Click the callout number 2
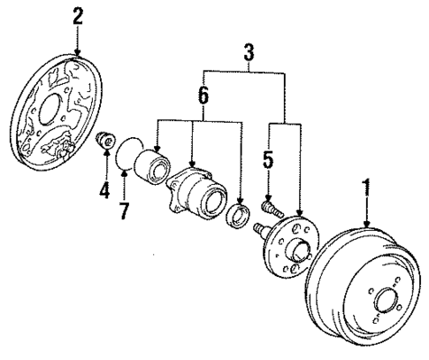pyautogui.click(x=78, y=15)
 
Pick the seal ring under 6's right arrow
pyautogui.click(x=239, y=218)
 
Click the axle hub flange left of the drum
pyautogui.click(x=292, y=245)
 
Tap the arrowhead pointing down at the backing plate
pyautogui.click(x=78, y=56)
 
